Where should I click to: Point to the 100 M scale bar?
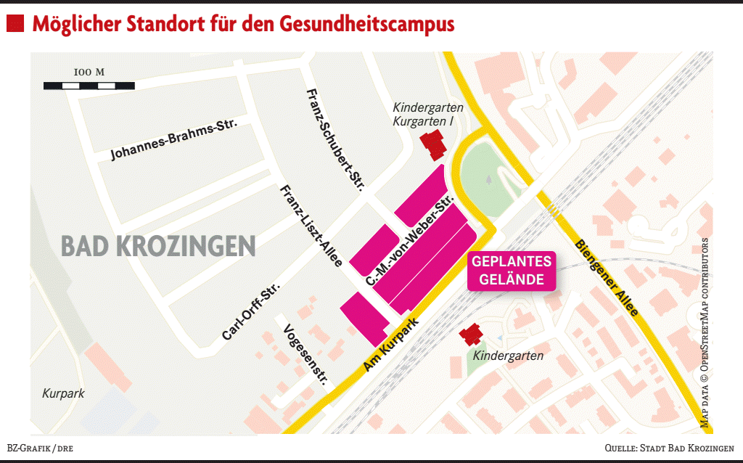(x=89, y=85)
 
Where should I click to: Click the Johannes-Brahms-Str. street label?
(x=174, y=139)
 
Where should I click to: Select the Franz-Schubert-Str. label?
(x=334, y=138)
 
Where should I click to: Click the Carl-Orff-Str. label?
(x=251, y=311)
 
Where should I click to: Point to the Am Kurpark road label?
(x=392, y=345)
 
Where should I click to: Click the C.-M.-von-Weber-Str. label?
(x=411, y=239)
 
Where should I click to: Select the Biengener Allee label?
(x=607, y=277)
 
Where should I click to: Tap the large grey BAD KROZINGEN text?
(x=158, y=246)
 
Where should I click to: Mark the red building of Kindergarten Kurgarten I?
(x=435, y=144)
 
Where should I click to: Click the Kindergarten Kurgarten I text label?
(x=428, y=114)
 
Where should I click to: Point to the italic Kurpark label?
(x=63, y=394)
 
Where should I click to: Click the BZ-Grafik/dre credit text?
(x=40, y=448)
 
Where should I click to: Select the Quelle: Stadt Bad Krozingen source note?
(x=669, y=448)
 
